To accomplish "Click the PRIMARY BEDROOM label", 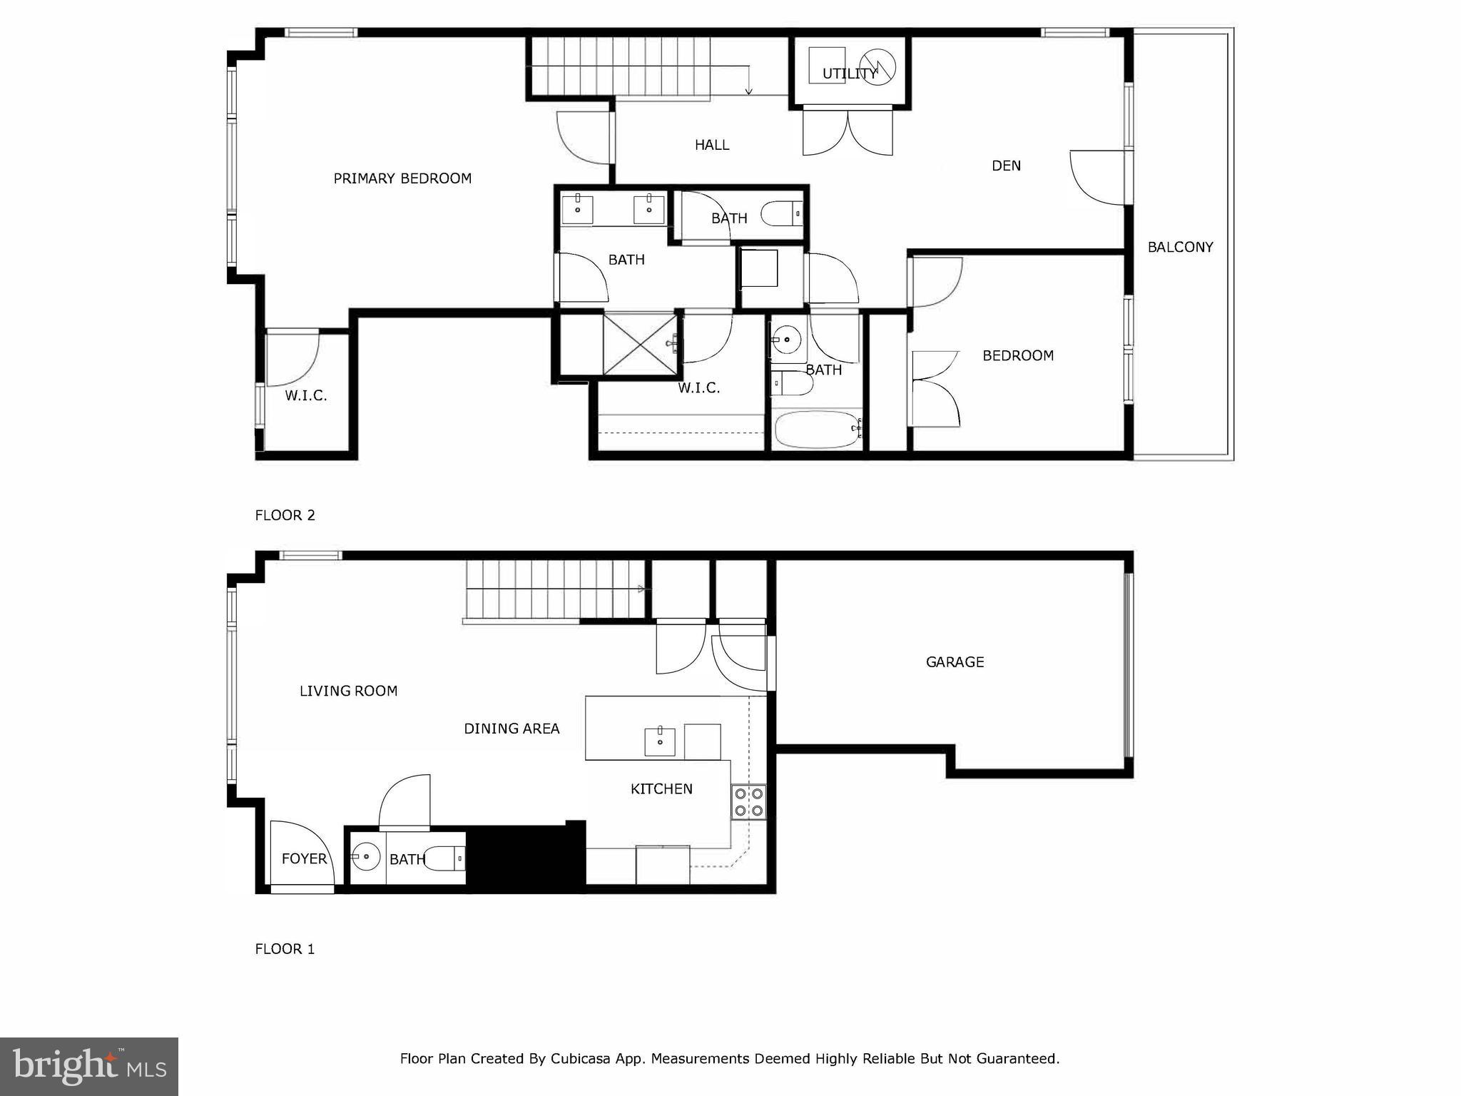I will [x=402, y=178].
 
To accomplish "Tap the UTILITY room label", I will [x=849, y=73].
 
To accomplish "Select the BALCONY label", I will [x=1180, y=247].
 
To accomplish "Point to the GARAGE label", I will [x=955, y=662].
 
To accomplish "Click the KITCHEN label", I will [x=661, y=788].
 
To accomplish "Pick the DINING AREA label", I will [x=511, y=729].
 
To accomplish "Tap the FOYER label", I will [x=304, y=858].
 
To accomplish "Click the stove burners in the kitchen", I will [x=748, y=801].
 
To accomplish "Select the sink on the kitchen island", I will [x=660, y=741].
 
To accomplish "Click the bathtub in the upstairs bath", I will [x=818, y=429].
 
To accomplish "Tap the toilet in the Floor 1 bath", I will [x=446, y=858].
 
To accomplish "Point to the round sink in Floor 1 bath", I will [x=366, y=856].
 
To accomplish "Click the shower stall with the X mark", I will [x=639, y=343].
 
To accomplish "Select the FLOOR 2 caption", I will [x=285, y=515].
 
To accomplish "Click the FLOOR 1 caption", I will [x=285, y=949].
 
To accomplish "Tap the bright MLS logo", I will [x=89, y=1067].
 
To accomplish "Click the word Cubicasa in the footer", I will [x=579, y=1058].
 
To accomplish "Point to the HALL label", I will [x=712, y=145].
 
